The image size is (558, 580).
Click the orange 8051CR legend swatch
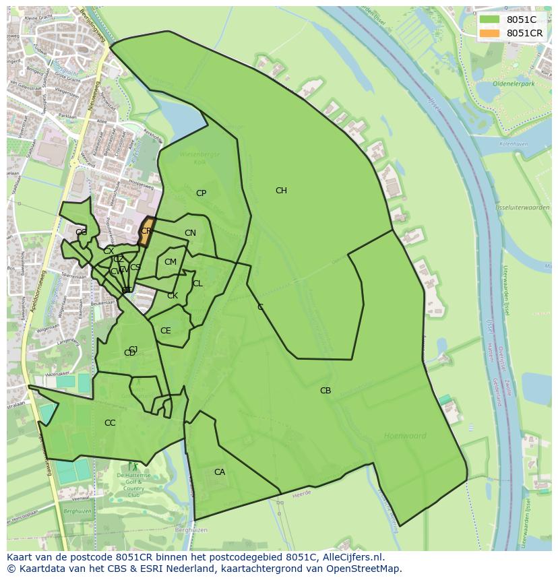pyautogui.click(x=490, y=33)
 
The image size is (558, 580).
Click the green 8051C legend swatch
pyautogui.click(x=490, y=20)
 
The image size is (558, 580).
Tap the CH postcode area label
pyautogui.click(x=281, y=191)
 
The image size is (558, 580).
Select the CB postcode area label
pyautogui.click(x=325, y=391)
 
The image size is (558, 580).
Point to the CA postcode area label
pyautogui.click(x=220, y=472)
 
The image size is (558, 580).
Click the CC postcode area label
pyautogui.click(x=110, y=423)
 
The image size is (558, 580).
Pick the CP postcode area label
pyautogui.click(x=201, y=193)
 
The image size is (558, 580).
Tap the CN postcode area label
pyautogui.click(x=190, y=234)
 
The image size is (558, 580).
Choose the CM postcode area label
pyautogui.click(x=170, y=262)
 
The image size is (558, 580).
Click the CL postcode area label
pyautogui.click(x=197, y=284)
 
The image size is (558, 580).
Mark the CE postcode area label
pyautogui.click(x=165, y=331)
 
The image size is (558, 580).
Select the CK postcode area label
pyautogui.click(x=173, y=296)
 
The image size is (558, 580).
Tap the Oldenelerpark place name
pyautogui.click(x=513, y=84)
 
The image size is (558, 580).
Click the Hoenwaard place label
pyautogui.click(x=405, y=436)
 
